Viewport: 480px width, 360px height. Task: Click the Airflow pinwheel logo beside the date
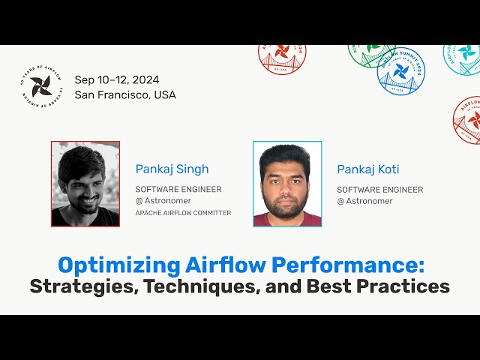[42, 88]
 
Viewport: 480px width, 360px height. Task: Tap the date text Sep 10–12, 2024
[116, 80]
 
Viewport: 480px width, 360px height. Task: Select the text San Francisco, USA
[125, 95]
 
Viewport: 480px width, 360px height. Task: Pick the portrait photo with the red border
[85, 184]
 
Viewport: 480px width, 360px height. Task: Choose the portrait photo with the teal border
[287, 184]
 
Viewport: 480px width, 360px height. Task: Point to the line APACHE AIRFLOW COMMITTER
[183, 213]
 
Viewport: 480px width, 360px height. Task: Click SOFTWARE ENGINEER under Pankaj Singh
[178, 189]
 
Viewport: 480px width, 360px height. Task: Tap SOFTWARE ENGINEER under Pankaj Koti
[379, 189]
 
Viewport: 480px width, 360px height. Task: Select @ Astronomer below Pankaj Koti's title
[365, 201]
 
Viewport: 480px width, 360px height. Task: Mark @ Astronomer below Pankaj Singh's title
[163, 201]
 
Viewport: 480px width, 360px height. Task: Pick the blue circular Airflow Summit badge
[400, 70]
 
